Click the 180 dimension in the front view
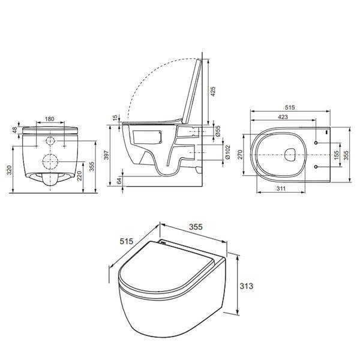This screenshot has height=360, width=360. pyautogui.click(x=50, y=119)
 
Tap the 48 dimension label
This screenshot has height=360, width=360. pyautogui.click(x=14, y=130)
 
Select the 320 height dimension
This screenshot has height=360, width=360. pyautogui.click(x=9, y=170)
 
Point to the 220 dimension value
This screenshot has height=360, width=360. pyautogui.click(x=79, y=176)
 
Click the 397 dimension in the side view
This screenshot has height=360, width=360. pyautogui.click(x=106, y=155)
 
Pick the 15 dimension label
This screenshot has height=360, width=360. pyautogui.click(x=115, y=117)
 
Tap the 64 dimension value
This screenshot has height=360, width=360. pyautogui.click(x=119, y=181)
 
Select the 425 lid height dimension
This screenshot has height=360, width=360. pyautogui.click(x=213, y=91)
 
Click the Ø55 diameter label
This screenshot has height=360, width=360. pyautogui.click(x=218, y=131)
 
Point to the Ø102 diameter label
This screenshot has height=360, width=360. pyautogui.click(x=227, y=152)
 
